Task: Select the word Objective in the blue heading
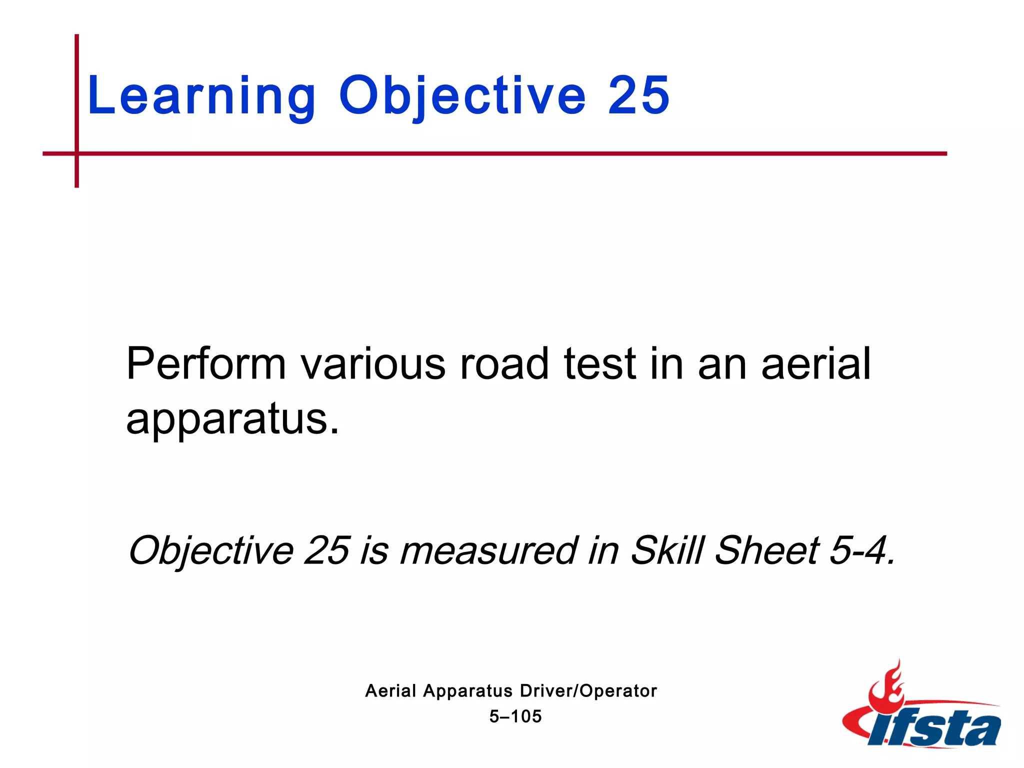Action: pos(462,96)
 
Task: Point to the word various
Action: pos(372,364)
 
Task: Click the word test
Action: pos(600,364)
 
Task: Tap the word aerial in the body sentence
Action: pos(816,364)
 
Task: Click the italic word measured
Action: pos(488,550)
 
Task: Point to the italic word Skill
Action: pos(667,550)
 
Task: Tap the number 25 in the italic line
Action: pos(326,550)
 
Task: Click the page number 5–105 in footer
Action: pos(515,716)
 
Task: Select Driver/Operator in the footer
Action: pos(588,691)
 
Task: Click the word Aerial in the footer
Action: pos(390,691)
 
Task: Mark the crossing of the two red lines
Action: pos(76,153)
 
